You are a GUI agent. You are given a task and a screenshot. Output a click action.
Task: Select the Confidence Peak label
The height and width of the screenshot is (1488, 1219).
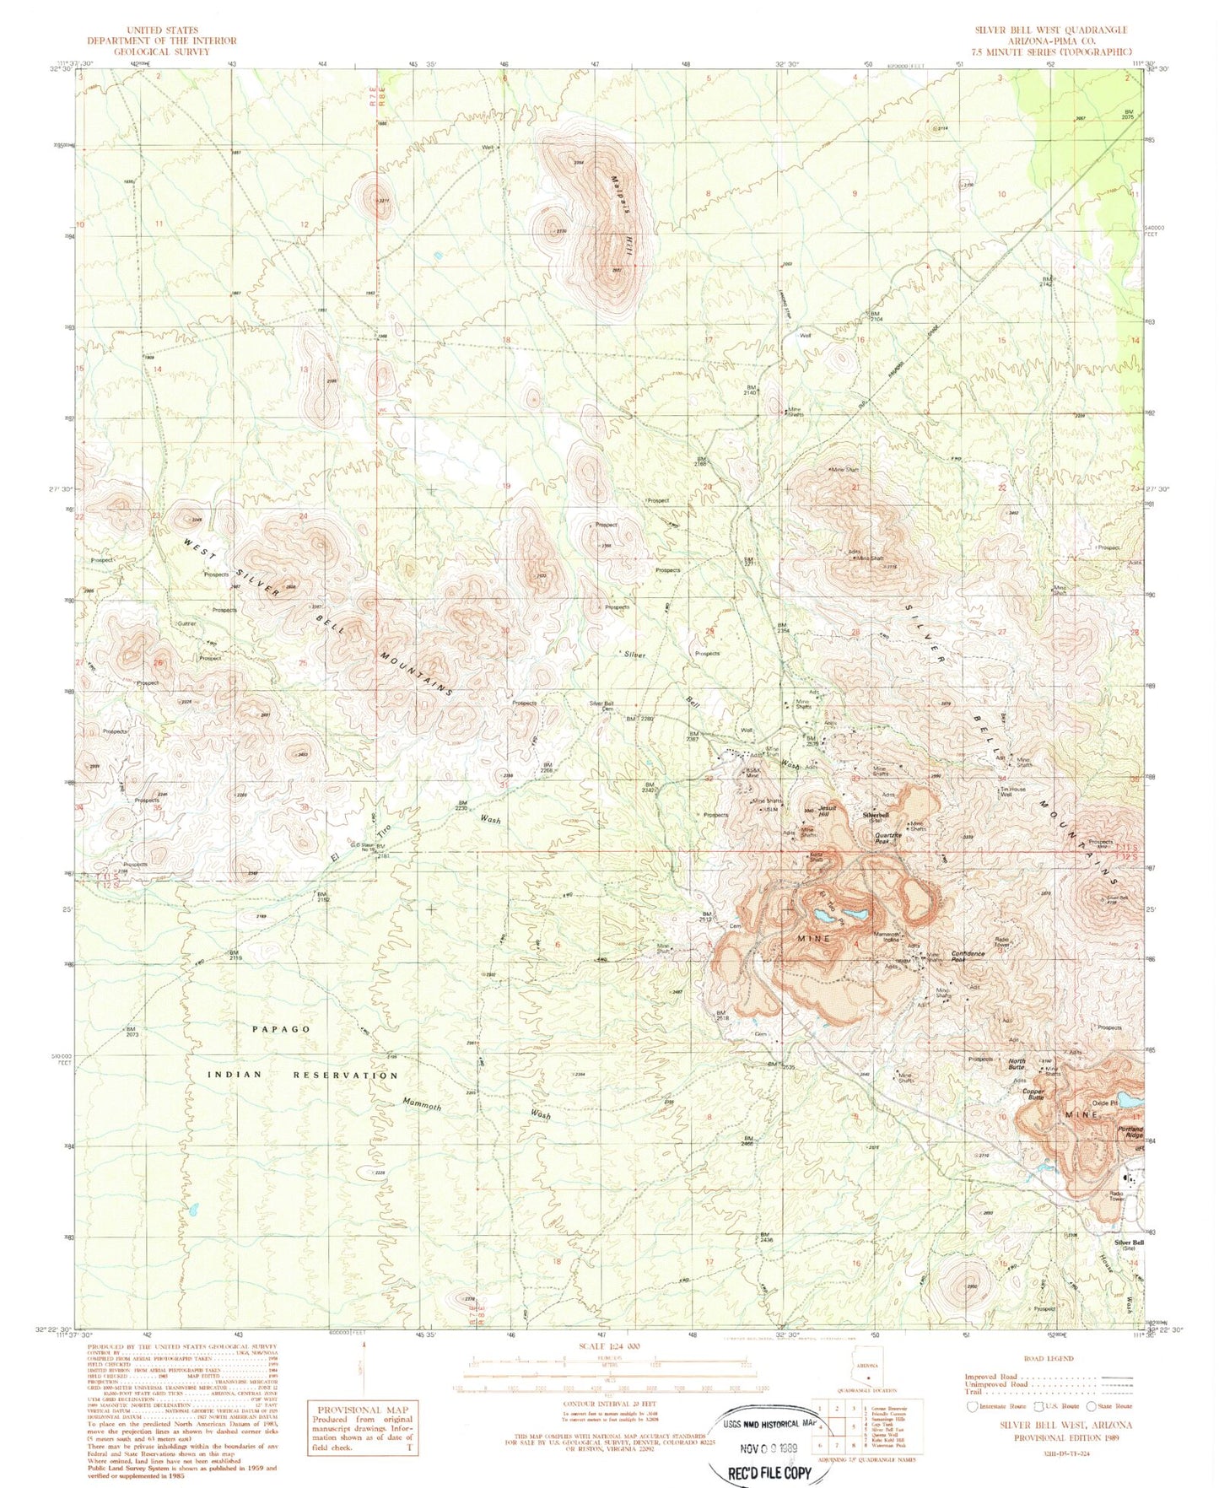[968, 957]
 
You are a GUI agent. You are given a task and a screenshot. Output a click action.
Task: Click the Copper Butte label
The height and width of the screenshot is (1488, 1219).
[1034, 1094]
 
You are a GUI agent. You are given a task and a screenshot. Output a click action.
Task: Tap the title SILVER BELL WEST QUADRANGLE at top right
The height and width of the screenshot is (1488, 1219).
[1050, 30]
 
